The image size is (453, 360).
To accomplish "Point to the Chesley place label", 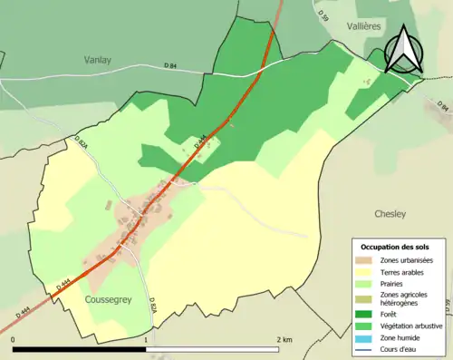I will coord(390,214).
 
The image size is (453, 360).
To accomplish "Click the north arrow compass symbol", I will coord(401,50).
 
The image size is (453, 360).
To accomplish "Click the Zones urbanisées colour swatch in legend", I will coord(367,260).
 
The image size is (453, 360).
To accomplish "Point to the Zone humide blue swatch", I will coord(367,337).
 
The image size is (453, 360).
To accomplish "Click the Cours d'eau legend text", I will coord(401,349).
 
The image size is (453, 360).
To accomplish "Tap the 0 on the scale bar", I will coord(14,340).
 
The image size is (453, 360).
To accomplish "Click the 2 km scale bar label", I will coord(284,340).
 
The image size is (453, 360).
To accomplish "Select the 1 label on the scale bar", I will coord(147,340).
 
